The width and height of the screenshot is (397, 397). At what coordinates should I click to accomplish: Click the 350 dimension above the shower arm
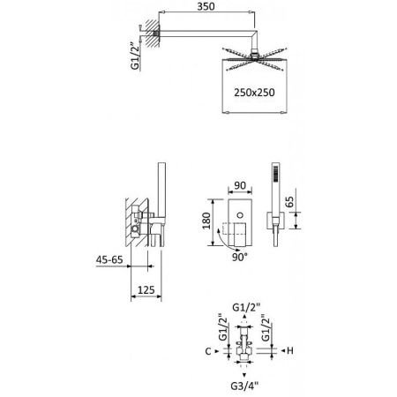[x=206, y=6]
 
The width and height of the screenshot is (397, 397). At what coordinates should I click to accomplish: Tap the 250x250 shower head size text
[x=254, y=93]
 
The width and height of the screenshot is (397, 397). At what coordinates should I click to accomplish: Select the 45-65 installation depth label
[x=109, y=260]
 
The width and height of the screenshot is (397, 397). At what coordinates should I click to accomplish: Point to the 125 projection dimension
[x=146, y=290]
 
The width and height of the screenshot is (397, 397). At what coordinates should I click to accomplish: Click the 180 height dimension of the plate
[x=206, y=221]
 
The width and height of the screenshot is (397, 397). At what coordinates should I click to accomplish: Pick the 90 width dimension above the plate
[x=240, y=185]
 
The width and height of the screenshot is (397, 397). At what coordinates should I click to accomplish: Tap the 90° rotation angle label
[x=240, y=258]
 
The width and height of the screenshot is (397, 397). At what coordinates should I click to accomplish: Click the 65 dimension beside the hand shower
[x=290, y=202]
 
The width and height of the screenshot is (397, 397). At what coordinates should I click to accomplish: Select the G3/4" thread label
[x=244, y=386]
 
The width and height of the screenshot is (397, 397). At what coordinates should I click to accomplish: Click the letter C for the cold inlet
[x=208, y=351]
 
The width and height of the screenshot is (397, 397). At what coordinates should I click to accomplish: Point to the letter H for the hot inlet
[x=290, y=350]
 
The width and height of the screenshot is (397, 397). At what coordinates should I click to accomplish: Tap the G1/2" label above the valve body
[x=246, y=308]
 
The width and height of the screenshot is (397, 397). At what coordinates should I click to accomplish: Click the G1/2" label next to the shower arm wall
[x=135, y=56]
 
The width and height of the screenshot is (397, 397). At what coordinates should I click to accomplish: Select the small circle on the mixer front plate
[x=240, y=215]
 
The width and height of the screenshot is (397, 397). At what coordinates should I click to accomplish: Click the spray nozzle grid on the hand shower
[x=275, y=175]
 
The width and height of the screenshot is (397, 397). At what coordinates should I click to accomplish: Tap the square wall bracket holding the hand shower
[x=275, y=220]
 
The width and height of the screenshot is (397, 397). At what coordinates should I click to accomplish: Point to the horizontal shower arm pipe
[x=206, y=34]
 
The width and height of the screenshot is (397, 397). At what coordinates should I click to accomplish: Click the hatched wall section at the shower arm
[x=153, y=34]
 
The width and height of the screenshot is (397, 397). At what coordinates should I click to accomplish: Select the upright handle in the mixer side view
[x=161, y=190]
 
